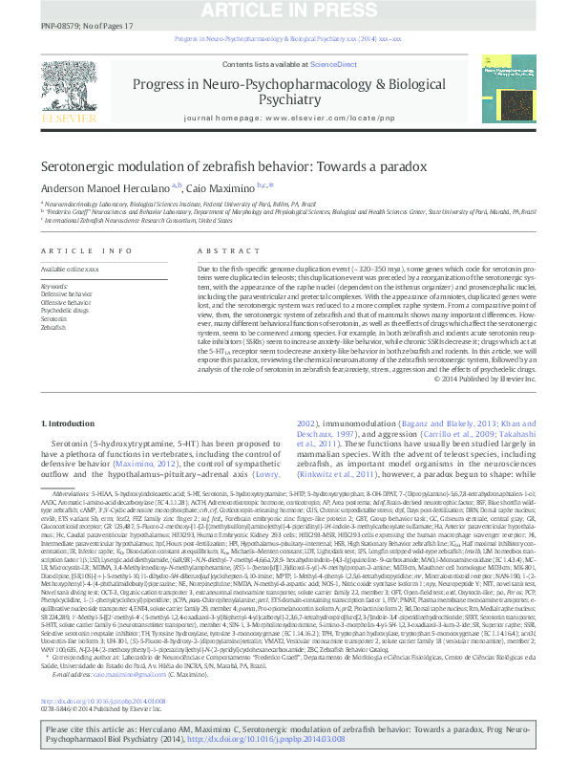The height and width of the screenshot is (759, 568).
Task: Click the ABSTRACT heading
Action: tap(215, 251)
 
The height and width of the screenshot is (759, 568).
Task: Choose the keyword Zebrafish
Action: tap(53, 326)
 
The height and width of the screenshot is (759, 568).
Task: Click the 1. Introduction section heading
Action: tap(69, 423)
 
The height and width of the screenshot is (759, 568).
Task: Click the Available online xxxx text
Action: tap(71, 271)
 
